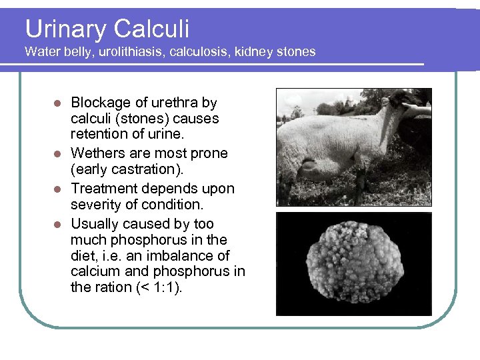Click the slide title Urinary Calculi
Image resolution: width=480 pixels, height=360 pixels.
(x=107, y=29)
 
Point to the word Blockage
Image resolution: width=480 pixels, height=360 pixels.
(x=100, y=103)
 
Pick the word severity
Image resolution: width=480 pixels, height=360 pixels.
(x=94, y=205)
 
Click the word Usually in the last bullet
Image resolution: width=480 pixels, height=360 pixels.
(x=95, y=224)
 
